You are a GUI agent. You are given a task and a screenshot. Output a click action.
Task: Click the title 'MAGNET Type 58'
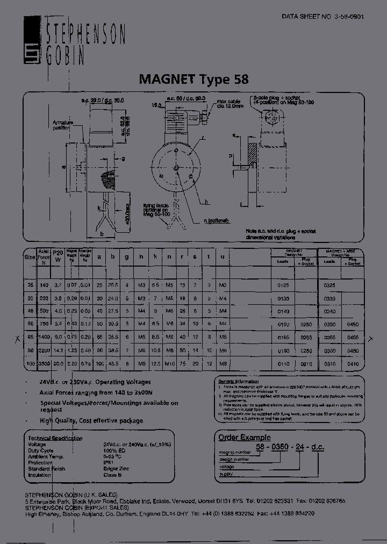click(193, 80)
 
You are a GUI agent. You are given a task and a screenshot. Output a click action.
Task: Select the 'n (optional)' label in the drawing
click(216, 221)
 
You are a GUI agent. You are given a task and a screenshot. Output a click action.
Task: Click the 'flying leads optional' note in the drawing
click(156, 210)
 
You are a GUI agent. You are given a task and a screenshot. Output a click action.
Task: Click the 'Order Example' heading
click(244, 438)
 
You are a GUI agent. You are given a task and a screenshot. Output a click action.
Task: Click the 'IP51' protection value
click(108, 462)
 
